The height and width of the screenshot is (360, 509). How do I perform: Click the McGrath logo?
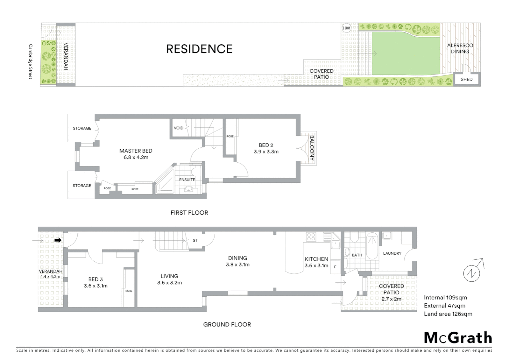click(x=458, y=338)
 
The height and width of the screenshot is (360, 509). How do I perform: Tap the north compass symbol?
click(x=472, y=273)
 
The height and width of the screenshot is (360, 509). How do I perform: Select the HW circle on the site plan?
click(x=346, y=28)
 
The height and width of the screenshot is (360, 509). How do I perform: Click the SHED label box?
click(x=466, y=79)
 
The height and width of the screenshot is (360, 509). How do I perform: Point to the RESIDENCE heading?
click(x=199, y=49)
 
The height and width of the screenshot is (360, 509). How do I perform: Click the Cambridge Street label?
click(x=31, y=61)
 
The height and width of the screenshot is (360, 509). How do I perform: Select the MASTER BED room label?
click(x=136, y=151)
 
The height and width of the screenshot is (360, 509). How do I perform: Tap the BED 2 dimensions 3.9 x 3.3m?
click(x=266, y=152)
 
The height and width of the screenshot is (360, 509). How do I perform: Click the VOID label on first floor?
click(x=179, y=128)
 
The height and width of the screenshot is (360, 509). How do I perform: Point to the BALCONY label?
click(x=312, y=148)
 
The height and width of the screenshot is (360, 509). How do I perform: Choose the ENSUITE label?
click(x=187, y=180)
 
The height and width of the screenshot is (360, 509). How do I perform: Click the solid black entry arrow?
click(x=58, y=240)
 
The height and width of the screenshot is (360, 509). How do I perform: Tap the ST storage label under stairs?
click(x=195, y=240)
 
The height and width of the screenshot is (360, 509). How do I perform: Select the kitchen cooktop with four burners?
click(x=311, y=237)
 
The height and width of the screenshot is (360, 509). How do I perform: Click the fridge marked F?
click(x=335, y=267)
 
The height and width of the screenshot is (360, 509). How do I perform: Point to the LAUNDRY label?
click(x=392, y=253)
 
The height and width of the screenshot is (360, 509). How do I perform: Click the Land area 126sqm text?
click(x=448, y=314)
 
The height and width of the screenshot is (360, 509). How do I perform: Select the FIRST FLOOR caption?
click(x=189, y=213)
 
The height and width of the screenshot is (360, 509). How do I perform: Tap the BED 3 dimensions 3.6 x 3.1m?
click(x=96, y=286)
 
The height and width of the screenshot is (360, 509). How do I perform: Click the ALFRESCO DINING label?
click(x=460, y=48)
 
